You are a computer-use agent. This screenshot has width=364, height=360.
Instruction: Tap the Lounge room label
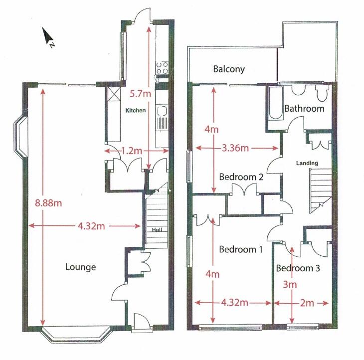80,267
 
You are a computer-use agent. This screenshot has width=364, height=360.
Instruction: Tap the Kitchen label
135,110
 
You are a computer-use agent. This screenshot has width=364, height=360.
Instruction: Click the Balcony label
229,69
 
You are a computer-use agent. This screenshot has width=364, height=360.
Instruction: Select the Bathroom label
304,108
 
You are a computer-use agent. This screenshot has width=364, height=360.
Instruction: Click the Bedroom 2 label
241,176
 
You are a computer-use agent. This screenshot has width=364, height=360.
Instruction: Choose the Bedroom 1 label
241,249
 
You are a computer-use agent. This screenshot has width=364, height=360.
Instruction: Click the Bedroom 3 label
298,268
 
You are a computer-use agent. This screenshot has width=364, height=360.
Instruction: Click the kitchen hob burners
162,68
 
